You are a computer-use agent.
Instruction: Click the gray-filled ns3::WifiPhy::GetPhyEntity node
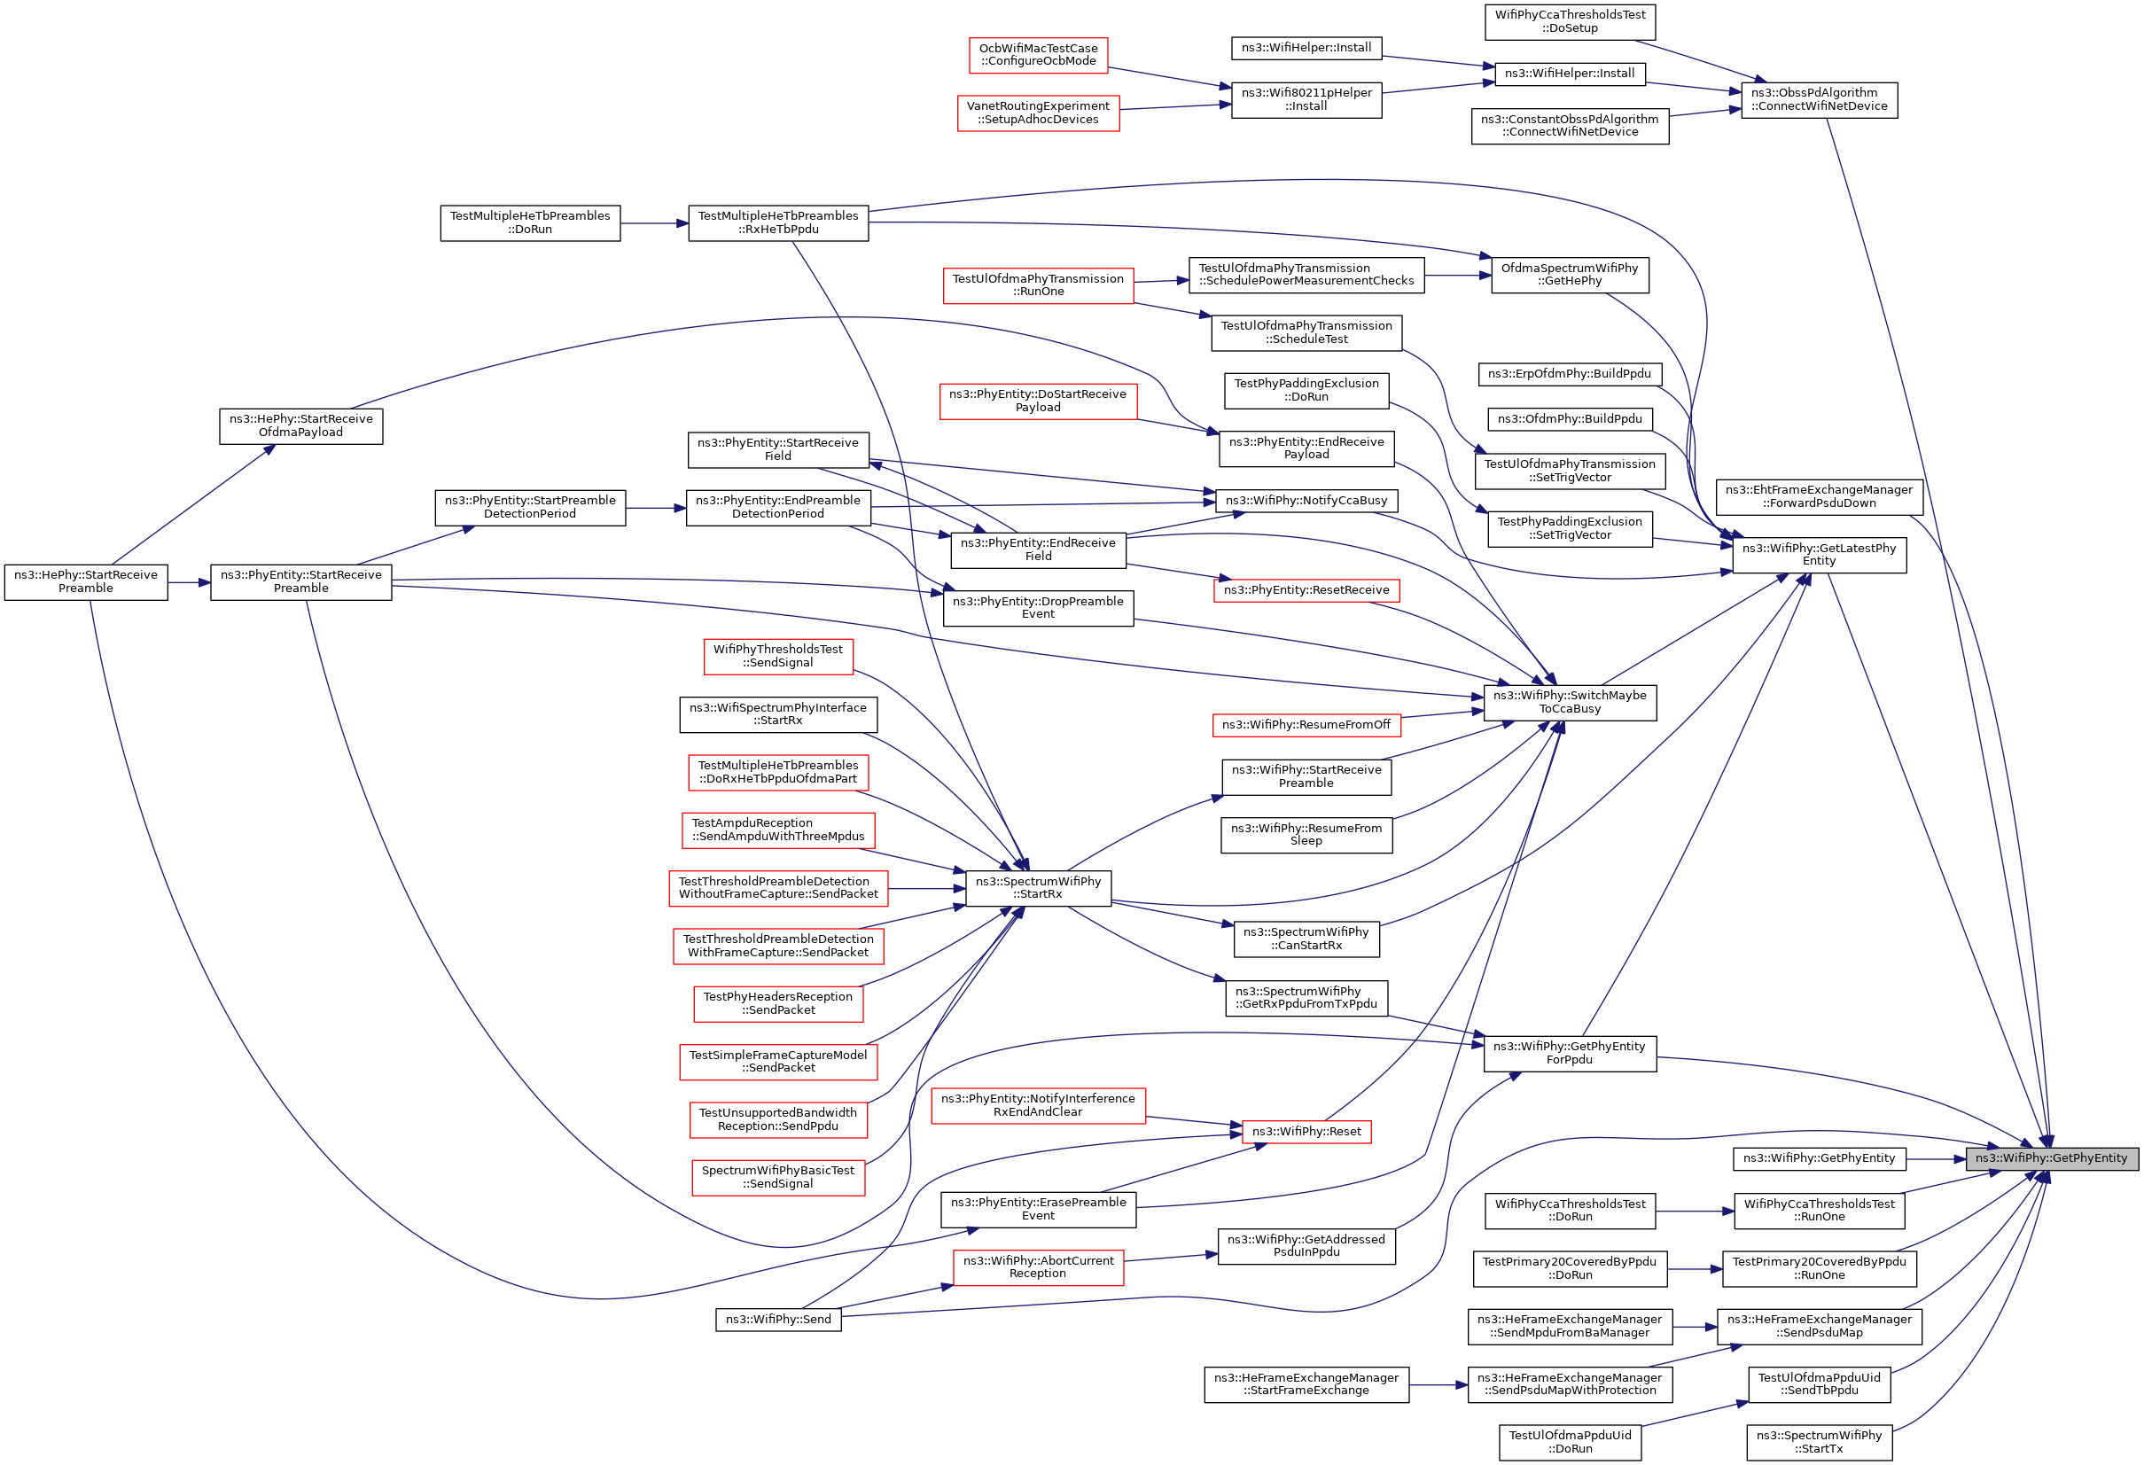pos(2051,1158)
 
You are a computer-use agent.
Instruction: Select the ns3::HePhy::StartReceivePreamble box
pos(86,582)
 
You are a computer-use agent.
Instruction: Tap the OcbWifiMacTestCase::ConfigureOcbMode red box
pos(1038,54)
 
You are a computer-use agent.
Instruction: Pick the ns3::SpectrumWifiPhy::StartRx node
pos(1038,888)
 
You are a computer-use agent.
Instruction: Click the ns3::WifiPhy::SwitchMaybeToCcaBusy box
pos(1570,703)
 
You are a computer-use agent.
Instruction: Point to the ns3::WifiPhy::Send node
pos(777,1321)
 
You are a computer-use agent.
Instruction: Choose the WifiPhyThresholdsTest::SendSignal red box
pos(777,656)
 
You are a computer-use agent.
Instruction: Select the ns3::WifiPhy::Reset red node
pos(1306,1132)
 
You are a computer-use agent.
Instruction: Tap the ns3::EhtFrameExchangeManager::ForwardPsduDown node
pos(1819,497)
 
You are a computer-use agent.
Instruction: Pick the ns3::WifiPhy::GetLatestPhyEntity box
pos(1819,556)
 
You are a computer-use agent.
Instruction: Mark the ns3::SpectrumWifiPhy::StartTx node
pos(1819,1443)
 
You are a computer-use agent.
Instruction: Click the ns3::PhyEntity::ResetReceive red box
pos(1306,590)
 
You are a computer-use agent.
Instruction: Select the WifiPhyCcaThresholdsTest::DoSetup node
pos(1570,21)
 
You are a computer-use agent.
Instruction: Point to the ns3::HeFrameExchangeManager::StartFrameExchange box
pos(1306,1384)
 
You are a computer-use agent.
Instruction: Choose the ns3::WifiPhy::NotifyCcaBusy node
pos(1306,501)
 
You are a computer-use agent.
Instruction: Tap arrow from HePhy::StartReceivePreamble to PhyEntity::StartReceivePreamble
pos(189,583)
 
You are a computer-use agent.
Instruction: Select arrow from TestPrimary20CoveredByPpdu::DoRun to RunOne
pos(1695,1269)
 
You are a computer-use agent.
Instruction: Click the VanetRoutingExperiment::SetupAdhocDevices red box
pos(1038,113)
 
